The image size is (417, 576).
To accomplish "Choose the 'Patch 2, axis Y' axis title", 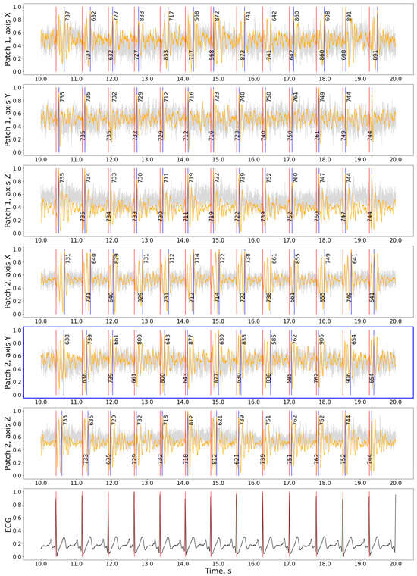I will click(8, 362).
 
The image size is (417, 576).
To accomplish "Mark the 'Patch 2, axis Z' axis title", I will click(8, 443).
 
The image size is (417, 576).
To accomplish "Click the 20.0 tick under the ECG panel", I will click(395, 562).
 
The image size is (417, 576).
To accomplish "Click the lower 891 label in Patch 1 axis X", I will click(375, 55).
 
